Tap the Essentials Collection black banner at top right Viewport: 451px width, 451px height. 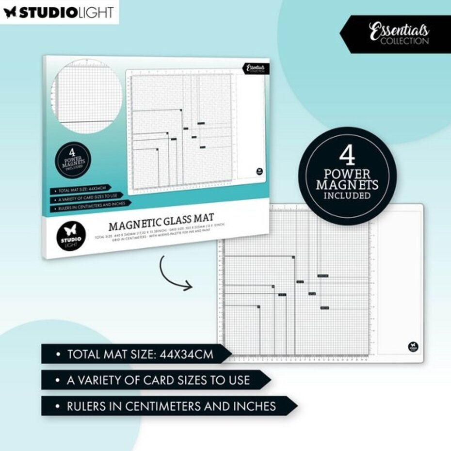tap(399, 34)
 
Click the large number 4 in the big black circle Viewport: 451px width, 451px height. tap(347, 156)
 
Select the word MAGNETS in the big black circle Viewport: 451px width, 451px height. tap(347, 185)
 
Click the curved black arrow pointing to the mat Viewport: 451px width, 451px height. tap(173, 274)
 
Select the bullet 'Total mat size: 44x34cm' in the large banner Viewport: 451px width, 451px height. tap(140, 354)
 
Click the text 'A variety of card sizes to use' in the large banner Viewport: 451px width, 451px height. tap(158, 380)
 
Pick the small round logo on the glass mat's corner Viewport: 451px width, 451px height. tap(412, 346)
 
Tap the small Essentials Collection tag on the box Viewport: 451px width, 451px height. tap(255, 69)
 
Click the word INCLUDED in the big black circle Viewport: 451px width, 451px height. tap(347, 196)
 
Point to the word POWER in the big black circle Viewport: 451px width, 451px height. tap(347, 174)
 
